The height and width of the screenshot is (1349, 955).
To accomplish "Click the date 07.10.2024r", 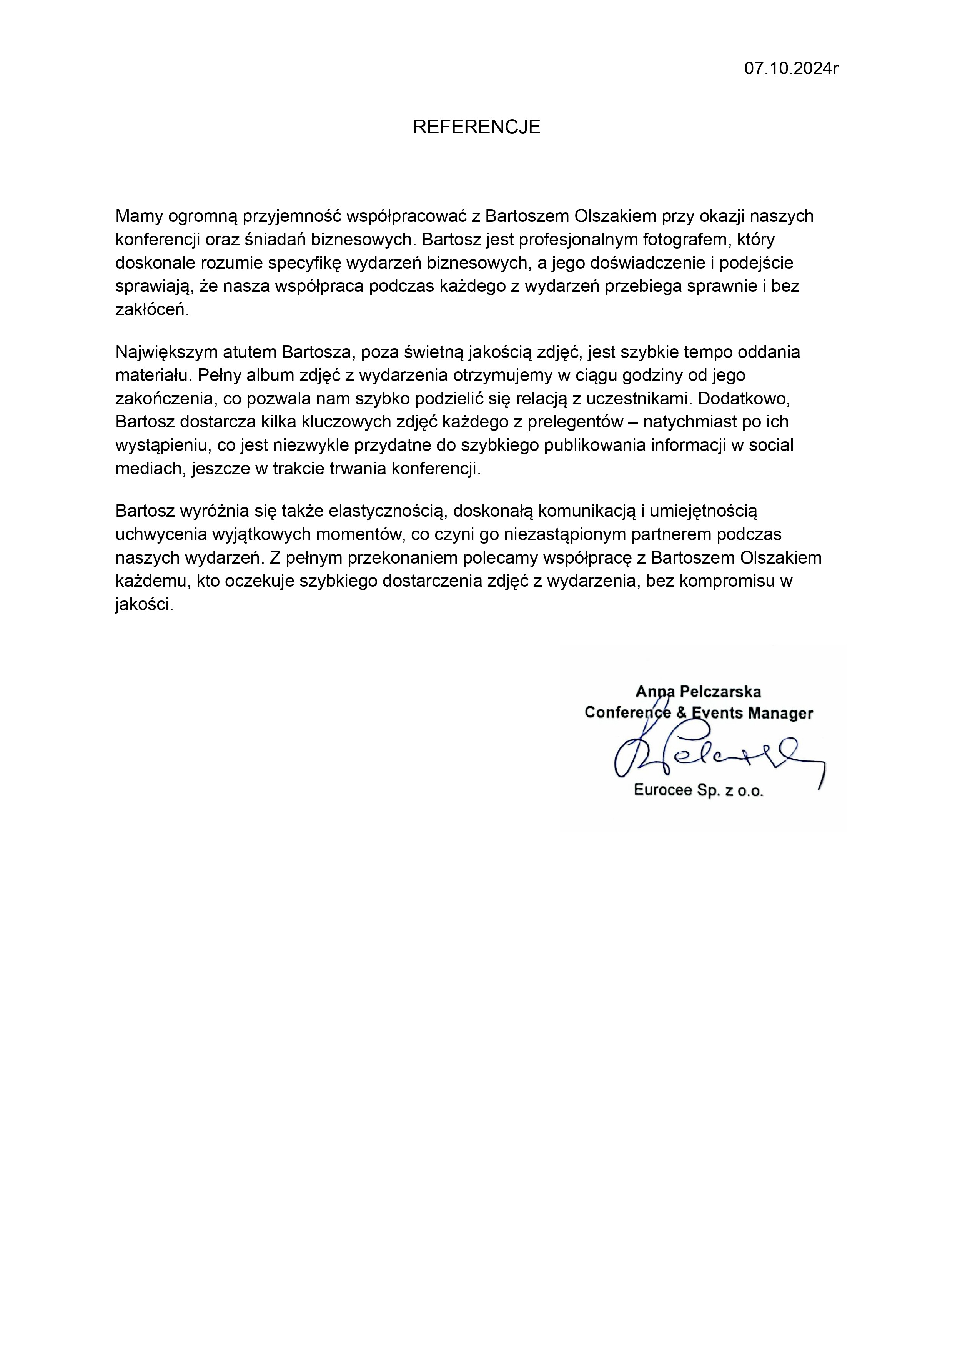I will (791, 69).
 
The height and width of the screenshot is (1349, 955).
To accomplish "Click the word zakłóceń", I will (152, 310).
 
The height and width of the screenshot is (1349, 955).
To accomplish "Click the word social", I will (772, 445).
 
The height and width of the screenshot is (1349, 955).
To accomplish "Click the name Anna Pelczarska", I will (698, 692).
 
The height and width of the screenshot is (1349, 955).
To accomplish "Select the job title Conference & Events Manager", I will (699, 713).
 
